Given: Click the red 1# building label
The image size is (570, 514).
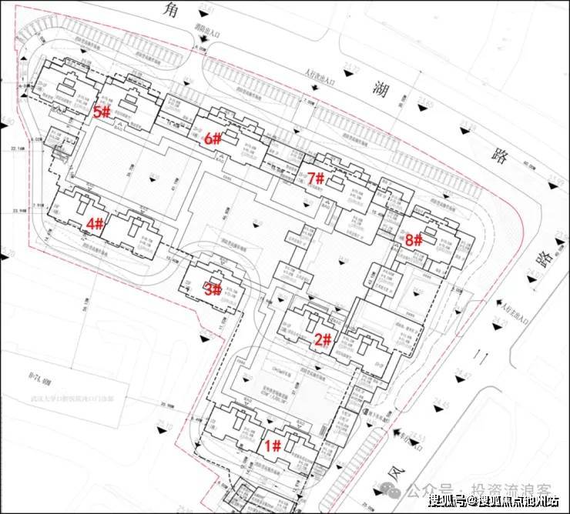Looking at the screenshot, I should tap(273, 446).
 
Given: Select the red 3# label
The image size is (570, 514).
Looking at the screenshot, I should tap(212, 290).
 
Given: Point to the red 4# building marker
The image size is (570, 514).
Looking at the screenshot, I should tap(95, 224).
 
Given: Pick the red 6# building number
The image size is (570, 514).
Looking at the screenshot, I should tap(213, 139).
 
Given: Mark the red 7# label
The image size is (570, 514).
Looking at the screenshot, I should tap(316, 179).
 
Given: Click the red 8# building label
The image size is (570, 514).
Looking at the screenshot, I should tap(413, 239).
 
